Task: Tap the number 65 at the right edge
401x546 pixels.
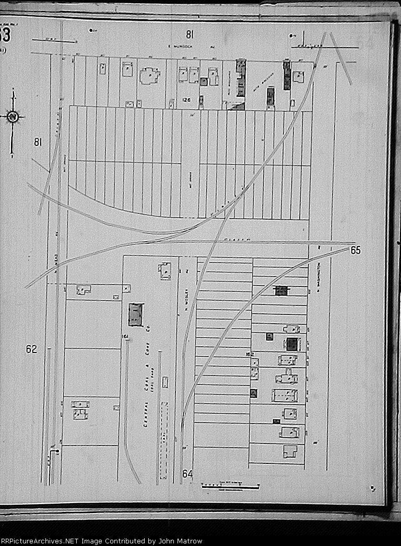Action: coord(356,251)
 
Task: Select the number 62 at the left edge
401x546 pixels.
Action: coord(32,349)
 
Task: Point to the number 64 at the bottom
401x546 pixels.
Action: coord(188,474)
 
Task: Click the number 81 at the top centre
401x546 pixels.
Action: coord(190,35)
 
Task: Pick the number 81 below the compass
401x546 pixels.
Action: coord(38,142)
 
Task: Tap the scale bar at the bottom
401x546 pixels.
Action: coord(230,487)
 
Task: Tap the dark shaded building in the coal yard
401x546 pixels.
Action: coord(136,314)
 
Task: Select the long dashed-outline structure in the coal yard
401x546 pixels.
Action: coord(164,439)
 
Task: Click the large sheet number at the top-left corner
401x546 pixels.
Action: coord(5,37)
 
